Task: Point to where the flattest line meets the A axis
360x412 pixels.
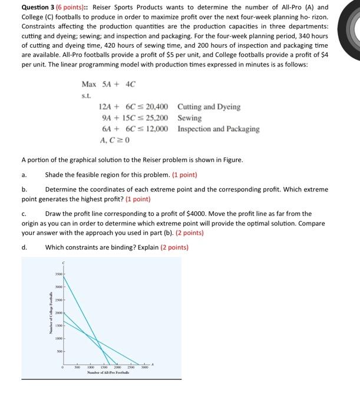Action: [140, 364]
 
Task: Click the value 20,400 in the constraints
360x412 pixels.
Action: [155, 107]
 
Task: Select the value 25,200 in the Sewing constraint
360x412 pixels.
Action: [155, 118]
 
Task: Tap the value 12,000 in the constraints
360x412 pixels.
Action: [155, 129]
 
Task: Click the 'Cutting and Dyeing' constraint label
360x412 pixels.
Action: [209, 107]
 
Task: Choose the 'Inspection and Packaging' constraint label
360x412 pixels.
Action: [218, 129]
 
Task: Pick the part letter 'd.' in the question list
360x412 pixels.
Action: [24, 247]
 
